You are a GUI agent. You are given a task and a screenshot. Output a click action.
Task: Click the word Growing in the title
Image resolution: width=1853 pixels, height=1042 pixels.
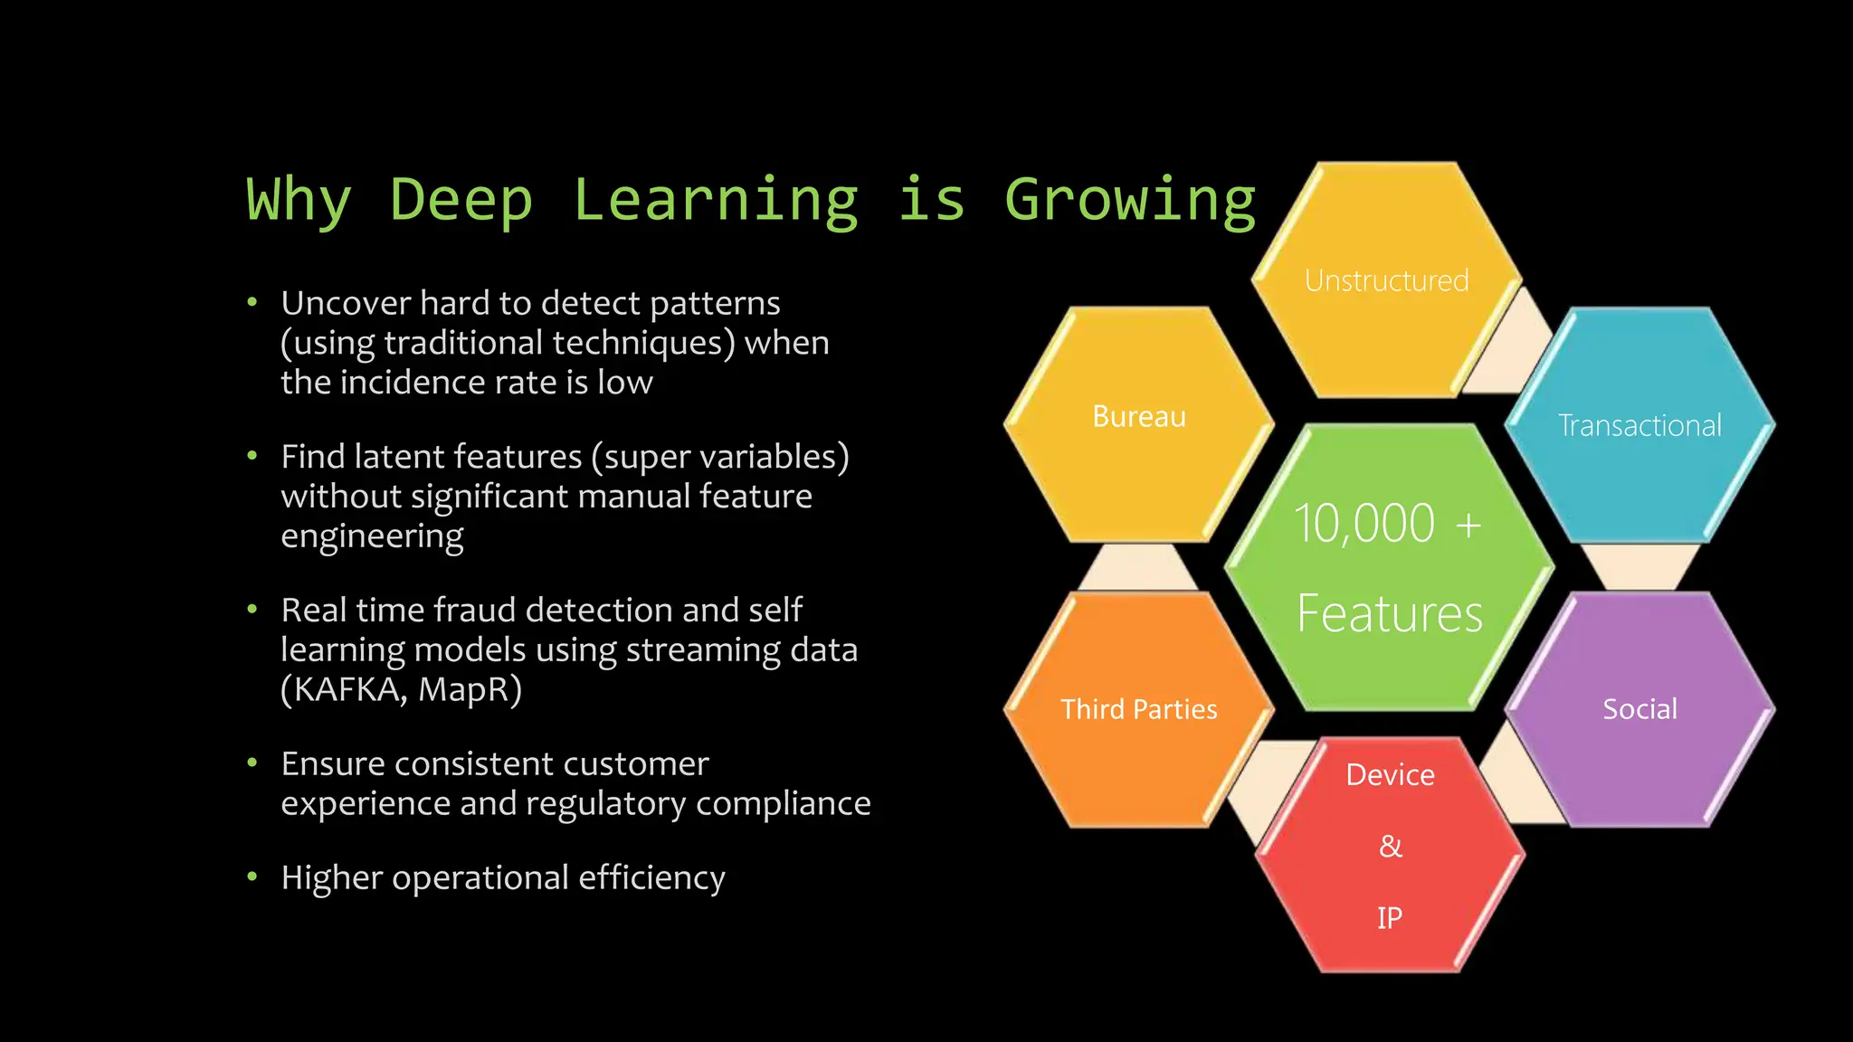pyautogui.click(x=1130, y=201)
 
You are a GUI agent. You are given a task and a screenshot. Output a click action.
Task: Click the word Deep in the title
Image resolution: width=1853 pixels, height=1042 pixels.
pyautogui.click(x=461, y=201)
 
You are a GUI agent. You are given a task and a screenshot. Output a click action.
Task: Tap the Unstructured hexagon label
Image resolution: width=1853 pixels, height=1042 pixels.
pyautogui.click(x=1386, y=281)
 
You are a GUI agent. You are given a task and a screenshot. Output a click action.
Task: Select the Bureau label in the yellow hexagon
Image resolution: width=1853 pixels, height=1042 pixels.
pyautogui.click(x=1138, y=417)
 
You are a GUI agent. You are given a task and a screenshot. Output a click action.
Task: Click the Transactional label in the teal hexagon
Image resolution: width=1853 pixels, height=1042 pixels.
pyautogui.click(x=1639, y=426)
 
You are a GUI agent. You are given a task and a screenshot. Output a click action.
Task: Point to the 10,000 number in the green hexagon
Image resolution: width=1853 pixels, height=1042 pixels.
pyautogui.click(x=1364, y=524)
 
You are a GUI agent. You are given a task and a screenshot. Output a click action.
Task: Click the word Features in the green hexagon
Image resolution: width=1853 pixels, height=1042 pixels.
pyautogui.click(x=1390, y=614)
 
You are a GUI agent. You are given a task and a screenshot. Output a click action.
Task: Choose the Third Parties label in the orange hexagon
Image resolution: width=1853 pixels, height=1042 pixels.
pyautogui.click(x=1138, y=709)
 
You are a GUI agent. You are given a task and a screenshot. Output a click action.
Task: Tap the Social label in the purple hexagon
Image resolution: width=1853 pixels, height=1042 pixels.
pyautogui.click(x=1639, y=709)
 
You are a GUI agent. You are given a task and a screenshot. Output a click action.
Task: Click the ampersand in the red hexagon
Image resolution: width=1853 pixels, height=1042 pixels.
pyautogui.click(x=1391, y=847)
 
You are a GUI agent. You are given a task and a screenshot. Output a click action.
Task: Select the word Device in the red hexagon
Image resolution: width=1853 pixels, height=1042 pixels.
pyautogui.click(x=1390, y=775)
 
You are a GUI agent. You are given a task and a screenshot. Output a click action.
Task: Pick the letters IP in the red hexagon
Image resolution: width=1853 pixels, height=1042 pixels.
pyautogui.click(x=1390, y=918)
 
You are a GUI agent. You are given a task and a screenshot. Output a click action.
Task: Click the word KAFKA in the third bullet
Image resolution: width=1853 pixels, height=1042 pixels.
pyautogui.click(x=347, y=690)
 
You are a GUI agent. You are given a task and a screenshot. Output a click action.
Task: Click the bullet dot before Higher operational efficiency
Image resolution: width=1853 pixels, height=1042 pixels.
pyautogui.click(x=252, y=876)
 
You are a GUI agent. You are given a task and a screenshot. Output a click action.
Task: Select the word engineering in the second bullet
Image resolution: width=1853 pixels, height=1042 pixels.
pyautogui.click(x=372, y=536)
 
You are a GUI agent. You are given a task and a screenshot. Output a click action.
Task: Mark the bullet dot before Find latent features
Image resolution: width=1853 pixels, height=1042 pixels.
pyautogui.click(x=252, y=456)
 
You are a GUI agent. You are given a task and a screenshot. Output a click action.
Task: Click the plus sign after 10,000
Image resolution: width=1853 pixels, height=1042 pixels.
pyautogui.click(x=1468, y=525)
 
